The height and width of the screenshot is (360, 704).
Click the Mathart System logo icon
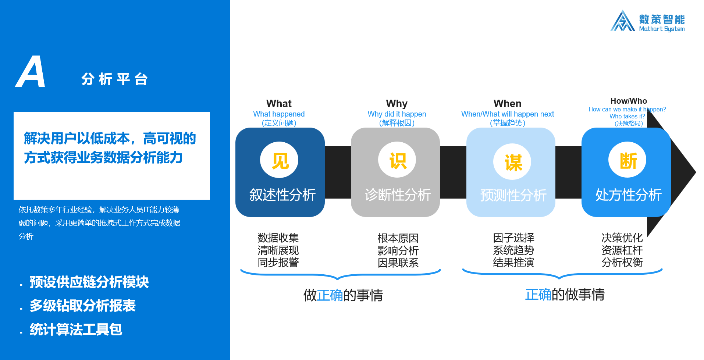point(622,21)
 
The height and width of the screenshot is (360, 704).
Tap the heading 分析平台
point(115,79)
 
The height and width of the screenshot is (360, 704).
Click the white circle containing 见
point(279,160)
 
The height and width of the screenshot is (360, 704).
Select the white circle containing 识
point(397,160)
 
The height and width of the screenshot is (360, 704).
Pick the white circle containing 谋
point(512,161)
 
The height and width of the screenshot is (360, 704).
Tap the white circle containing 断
point(627,160)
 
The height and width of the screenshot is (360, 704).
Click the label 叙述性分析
point(282,195)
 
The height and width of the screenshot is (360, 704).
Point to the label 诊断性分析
point(398,195)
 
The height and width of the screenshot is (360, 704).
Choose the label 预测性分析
point(513,195)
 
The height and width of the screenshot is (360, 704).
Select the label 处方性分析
point(629,195)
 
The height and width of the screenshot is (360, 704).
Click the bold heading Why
point(397,104)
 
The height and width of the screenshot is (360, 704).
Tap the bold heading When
point(508,104)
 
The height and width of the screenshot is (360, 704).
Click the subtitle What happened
point(279,114)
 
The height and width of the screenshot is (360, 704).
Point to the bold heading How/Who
point(629,101)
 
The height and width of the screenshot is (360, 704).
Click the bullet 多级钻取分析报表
point(83,306)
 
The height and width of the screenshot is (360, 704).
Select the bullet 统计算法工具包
point(76,329)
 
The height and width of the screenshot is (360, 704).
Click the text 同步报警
point(278,263)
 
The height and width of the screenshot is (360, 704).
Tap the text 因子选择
point(513,238)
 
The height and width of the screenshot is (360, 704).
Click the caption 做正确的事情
point(343,295)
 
